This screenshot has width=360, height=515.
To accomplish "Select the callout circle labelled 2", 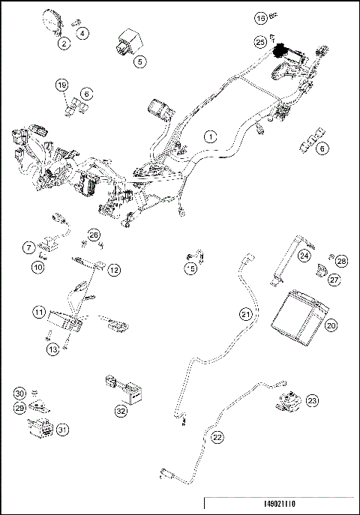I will pos(65,44).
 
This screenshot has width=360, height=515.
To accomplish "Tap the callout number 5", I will pos(140,62).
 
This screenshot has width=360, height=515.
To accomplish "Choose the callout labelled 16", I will pos(260,16).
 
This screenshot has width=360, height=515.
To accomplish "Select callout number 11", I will pos(37,311).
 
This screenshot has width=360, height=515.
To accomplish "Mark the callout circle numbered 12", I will pos(114,269).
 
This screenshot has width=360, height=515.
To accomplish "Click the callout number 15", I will pos(191,268).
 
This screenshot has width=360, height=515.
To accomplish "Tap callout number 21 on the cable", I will pos(245,313).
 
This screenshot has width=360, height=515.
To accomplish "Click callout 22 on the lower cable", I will pos(218,437).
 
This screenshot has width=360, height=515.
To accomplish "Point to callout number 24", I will pos(304,256).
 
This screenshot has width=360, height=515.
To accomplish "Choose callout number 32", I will pos(121,411).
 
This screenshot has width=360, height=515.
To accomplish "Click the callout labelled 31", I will pos(63,430).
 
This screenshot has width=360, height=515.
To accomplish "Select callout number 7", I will pos(28,247).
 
